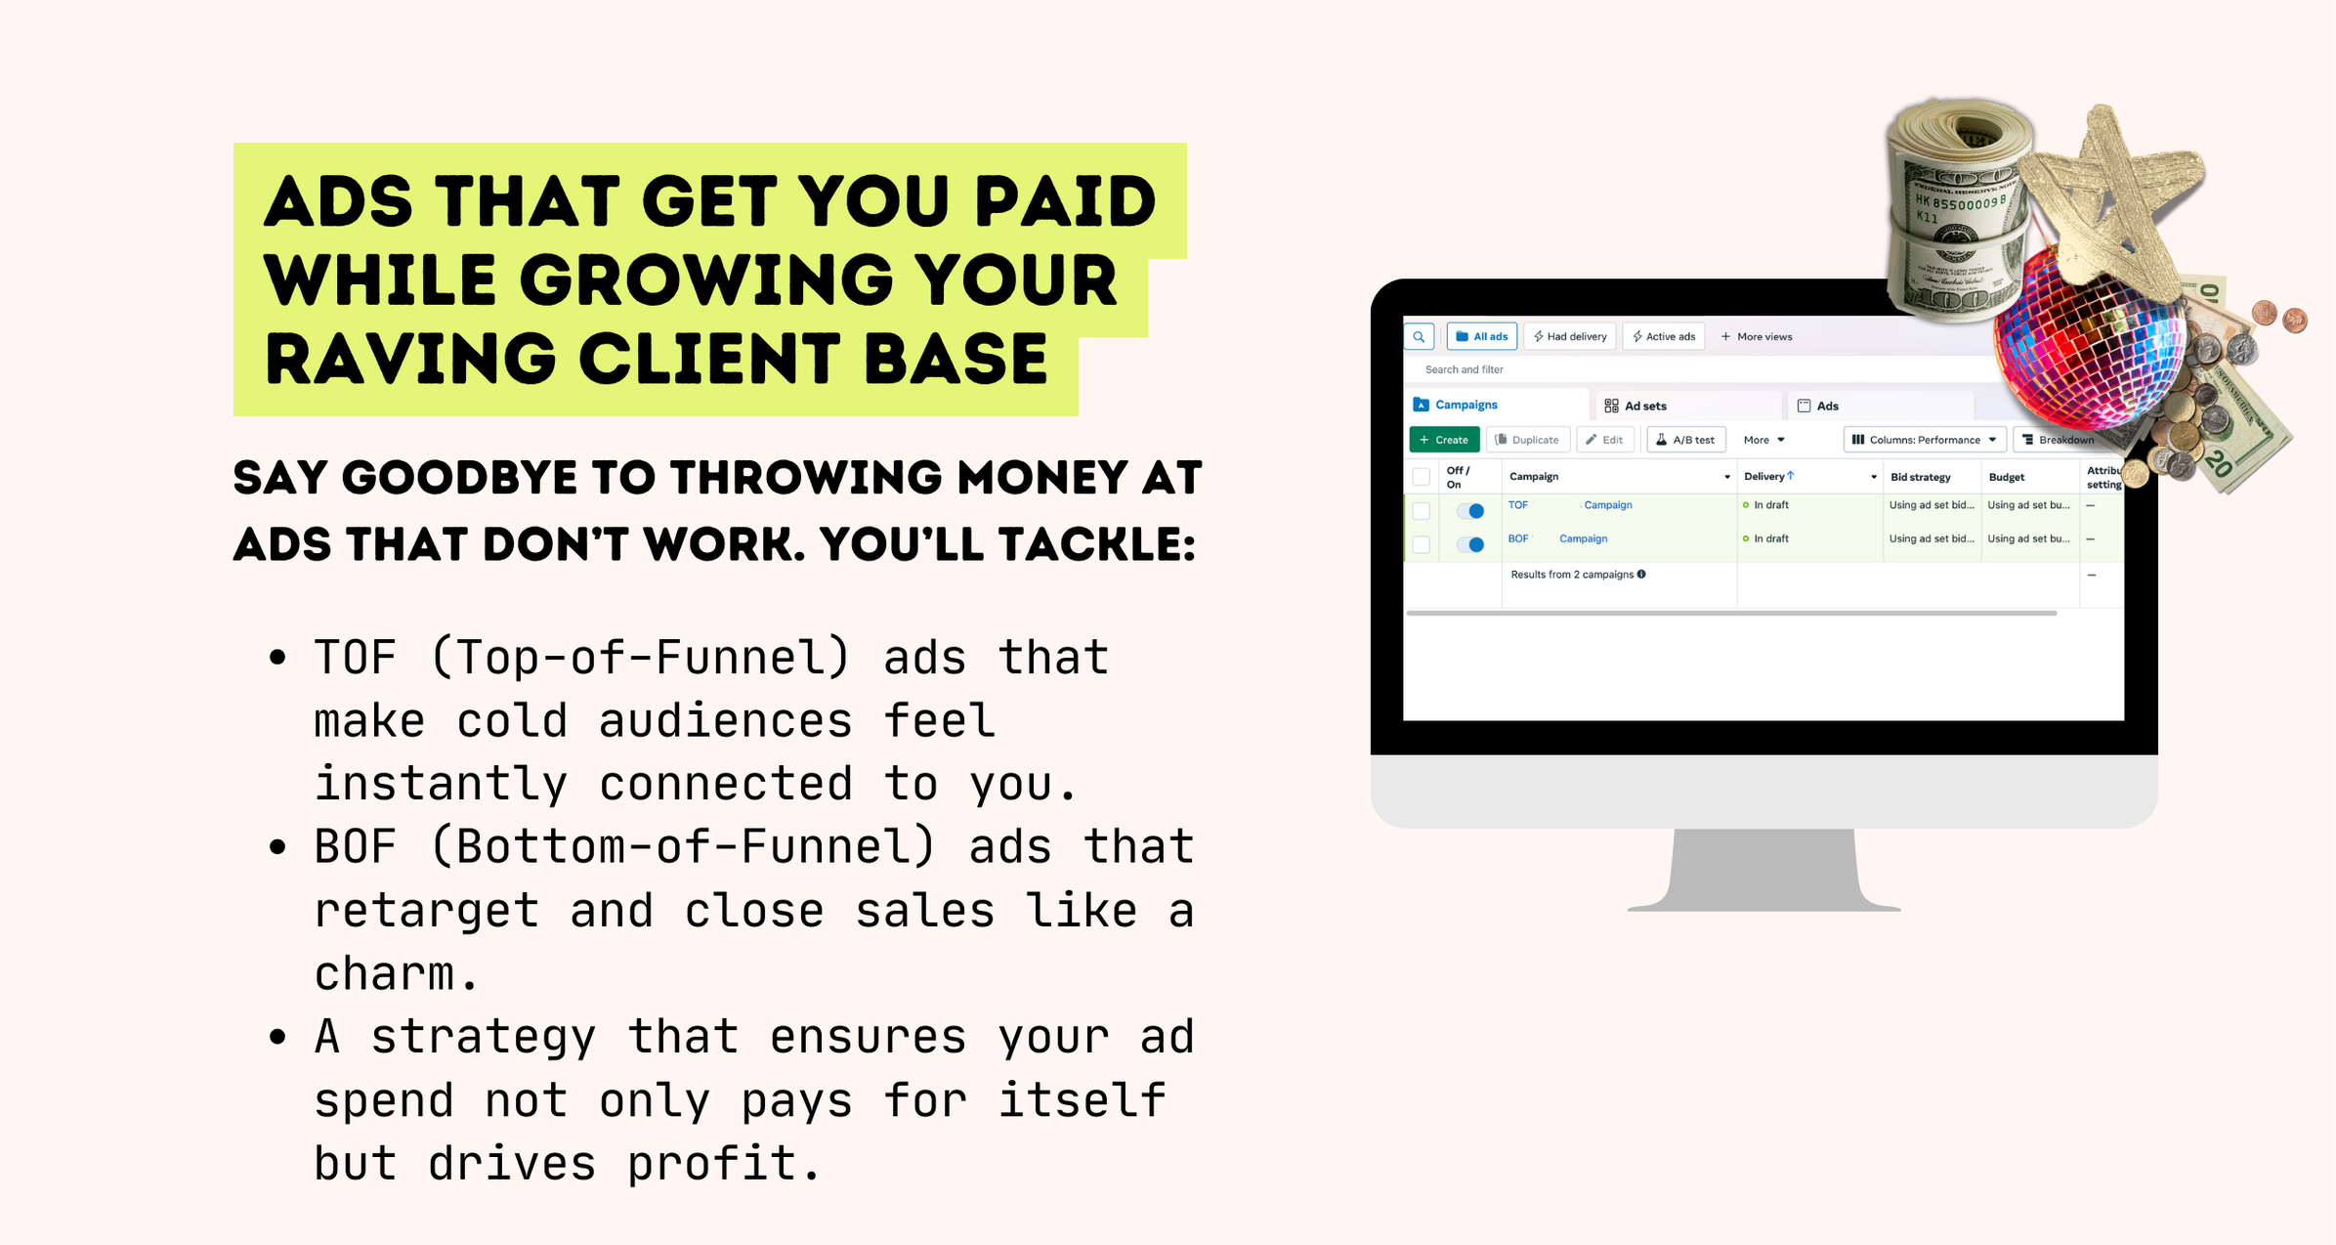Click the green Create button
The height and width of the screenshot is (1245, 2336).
[1444, 440]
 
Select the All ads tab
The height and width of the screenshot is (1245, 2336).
[1481, 336]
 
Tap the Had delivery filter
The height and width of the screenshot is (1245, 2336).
[1569, 336]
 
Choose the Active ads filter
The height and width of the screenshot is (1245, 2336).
[1663, 336]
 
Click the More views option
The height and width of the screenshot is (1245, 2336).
[1756, 336]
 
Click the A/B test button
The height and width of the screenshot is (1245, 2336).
[1686, 440]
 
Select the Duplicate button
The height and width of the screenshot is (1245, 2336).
[1528, 440]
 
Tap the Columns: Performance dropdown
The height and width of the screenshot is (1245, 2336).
[1925, 440]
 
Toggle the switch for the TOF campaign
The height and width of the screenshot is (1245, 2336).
[1469, 510]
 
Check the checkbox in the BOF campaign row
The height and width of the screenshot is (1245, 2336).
[1422, 544]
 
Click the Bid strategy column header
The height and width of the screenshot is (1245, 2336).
[1921, 477]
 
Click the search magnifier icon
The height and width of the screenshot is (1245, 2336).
[1419, 336]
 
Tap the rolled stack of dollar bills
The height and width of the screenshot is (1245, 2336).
[1959, 210]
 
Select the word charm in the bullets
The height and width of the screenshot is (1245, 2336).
[384, 973]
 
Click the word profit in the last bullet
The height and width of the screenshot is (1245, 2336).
[711, 1163]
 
